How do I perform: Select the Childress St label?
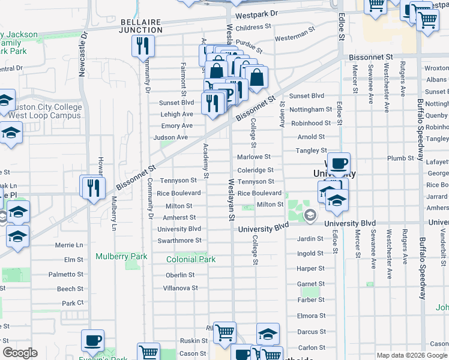pos(253,28)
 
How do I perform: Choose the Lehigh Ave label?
pos(176,114)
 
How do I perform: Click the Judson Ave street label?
pos(170,137)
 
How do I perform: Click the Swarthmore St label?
pos(179,241)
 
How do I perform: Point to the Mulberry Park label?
pos(121,257)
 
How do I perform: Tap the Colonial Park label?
pos(191,260)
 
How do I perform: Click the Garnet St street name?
pos(310,284)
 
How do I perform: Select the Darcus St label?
pos(311,331)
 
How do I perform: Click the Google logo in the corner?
pos(20,353)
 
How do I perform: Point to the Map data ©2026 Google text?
pos(411,355)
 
